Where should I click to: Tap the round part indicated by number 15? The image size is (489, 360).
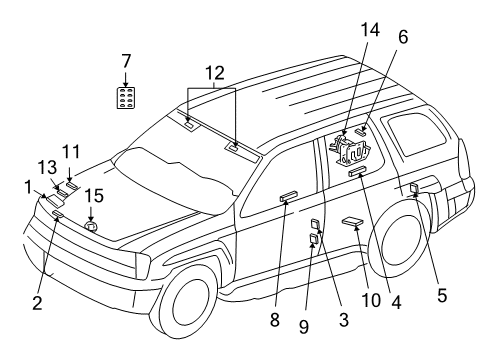point(91,226)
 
